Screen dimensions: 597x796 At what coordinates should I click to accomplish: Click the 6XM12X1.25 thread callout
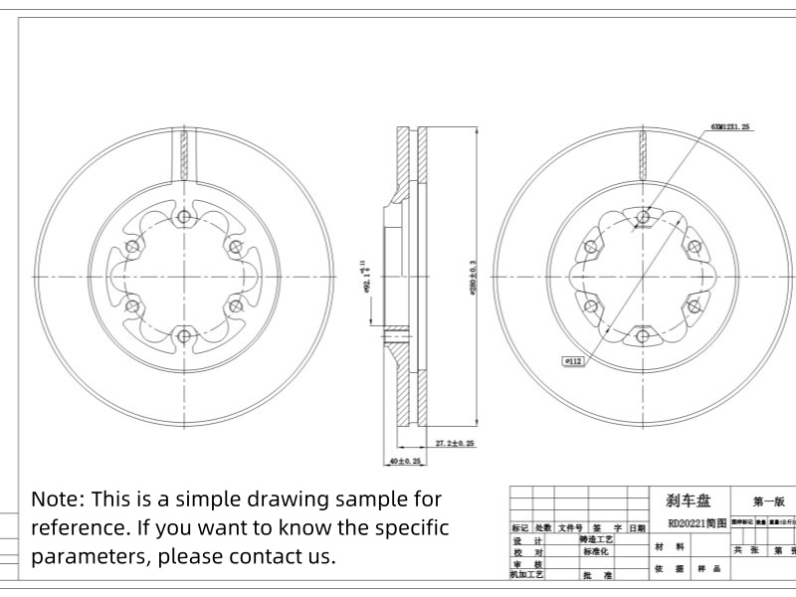click(x=730, y=128)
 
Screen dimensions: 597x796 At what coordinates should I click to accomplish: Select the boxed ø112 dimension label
click(x=574, y=362)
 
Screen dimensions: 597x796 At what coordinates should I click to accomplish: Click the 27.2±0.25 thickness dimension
click(x=454, y=441)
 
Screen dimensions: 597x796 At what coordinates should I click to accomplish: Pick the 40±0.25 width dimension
click(x=405, y=462)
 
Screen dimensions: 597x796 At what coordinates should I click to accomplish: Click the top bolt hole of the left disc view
click(x=183, y=218)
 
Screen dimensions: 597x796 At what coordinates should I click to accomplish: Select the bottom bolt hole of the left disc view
click(x=183, y=335)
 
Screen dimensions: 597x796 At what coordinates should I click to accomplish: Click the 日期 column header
click(x=637, y=527)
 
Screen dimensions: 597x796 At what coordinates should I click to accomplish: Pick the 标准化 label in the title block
click(x=599, y=550)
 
